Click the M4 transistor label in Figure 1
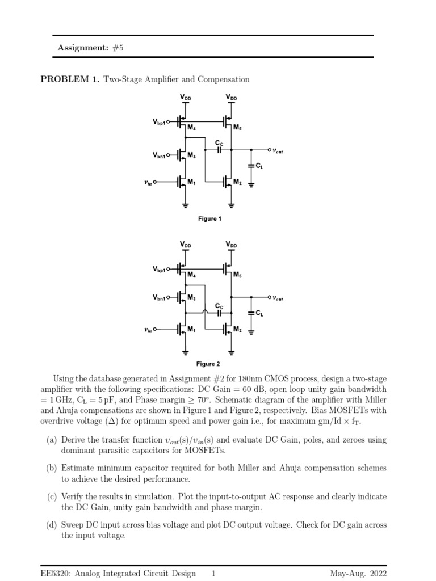click(x=191, y=128)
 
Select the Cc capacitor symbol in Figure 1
click(x=219, y=150)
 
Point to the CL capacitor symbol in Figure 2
click(x=251, y=312)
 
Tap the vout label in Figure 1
click(x=278, y=150)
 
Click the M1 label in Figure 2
click(x=191, y=330)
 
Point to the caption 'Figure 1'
click(x=209, y=218)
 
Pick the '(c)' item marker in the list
click(x=51, y=496)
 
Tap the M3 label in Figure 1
click(x=191, y=155)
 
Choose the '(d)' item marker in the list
click(x=51, y=525)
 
